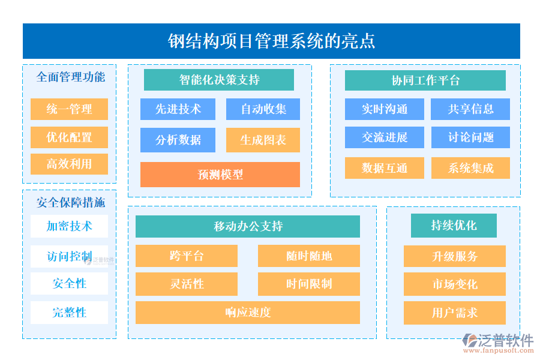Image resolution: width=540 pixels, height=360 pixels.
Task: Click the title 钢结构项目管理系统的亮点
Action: [x=271, y=41]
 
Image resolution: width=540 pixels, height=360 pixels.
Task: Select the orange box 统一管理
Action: [x=69, y=109]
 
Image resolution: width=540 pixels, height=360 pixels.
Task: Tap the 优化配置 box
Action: [x=69, y=137]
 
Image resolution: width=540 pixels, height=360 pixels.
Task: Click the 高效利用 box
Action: [x=69, y=164]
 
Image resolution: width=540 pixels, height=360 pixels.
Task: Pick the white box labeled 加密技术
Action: [x=69, y=226]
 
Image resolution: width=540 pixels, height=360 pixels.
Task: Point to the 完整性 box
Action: [x=69, y=313]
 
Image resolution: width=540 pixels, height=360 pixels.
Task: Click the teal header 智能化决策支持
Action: [x=219, y=80]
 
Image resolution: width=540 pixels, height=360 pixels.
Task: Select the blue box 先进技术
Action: [x=178, y=109]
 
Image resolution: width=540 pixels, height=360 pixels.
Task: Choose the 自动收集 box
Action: [x=263, y=109]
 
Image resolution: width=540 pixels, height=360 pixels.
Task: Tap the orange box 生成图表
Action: [x=263, y=140]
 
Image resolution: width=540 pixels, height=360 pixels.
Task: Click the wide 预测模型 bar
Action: [x=220, y=175]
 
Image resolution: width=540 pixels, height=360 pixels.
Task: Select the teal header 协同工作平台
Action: [x=425, y=80]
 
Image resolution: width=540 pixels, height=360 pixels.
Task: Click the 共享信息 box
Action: [x=470, y=109]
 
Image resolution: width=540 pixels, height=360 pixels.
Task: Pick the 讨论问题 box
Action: [x=470, y=137]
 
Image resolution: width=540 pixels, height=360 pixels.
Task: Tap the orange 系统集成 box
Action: [x=470, y=168]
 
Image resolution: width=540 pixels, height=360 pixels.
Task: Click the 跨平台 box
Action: [x=187, y=256]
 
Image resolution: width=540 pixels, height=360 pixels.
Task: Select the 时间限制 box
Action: [x=309, y=284]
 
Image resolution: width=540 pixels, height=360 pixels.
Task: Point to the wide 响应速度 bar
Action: [x=248, y=313]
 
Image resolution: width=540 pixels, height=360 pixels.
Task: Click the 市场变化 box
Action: [x=455, y=284]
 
